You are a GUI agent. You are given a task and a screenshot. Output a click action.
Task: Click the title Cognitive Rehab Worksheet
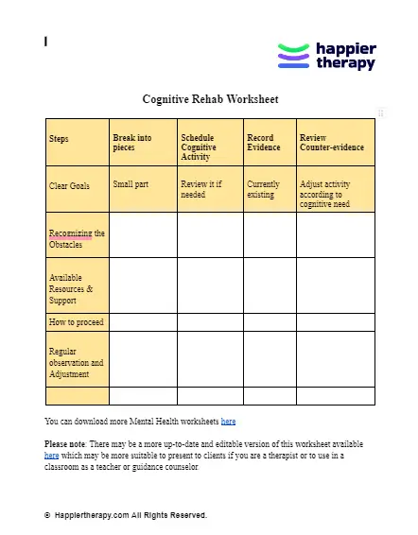pos(210,99)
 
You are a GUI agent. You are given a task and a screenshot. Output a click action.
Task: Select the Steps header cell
pos(59,139)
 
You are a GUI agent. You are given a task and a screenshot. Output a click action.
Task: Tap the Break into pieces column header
pos(131,143)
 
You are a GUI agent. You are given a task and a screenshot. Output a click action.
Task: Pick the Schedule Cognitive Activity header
pos(199,147)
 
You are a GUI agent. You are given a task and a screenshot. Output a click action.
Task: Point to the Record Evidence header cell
pos(264,143)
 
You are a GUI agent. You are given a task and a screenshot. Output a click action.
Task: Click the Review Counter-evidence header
pos(326,143)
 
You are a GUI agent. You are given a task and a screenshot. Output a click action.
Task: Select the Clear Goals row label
pos(69,185)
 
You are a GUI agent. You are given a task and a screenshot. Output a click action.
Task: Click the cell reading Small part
pos(131,184)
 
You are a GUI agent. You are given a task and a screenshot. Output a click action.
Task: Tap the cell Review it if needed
pos(200,189)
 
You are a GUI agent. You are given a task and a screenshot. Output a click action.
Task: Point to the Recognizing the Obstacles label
pos(76,238)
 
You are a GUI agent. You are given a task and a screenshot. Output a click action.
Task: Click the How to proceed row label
pos(75,322)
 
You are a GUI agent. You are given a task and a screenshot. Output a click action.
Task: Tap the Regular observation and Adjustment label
pos(76,362)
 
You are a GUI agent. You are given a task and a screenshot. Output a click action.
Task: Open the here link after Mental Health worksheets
pos(228,421)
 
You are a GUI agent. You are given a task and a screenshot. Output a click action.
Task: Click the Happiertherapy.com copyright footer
pos(129,515)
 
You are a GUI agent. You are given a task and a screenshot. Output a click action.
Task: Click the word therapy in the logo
pos(345,64)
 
